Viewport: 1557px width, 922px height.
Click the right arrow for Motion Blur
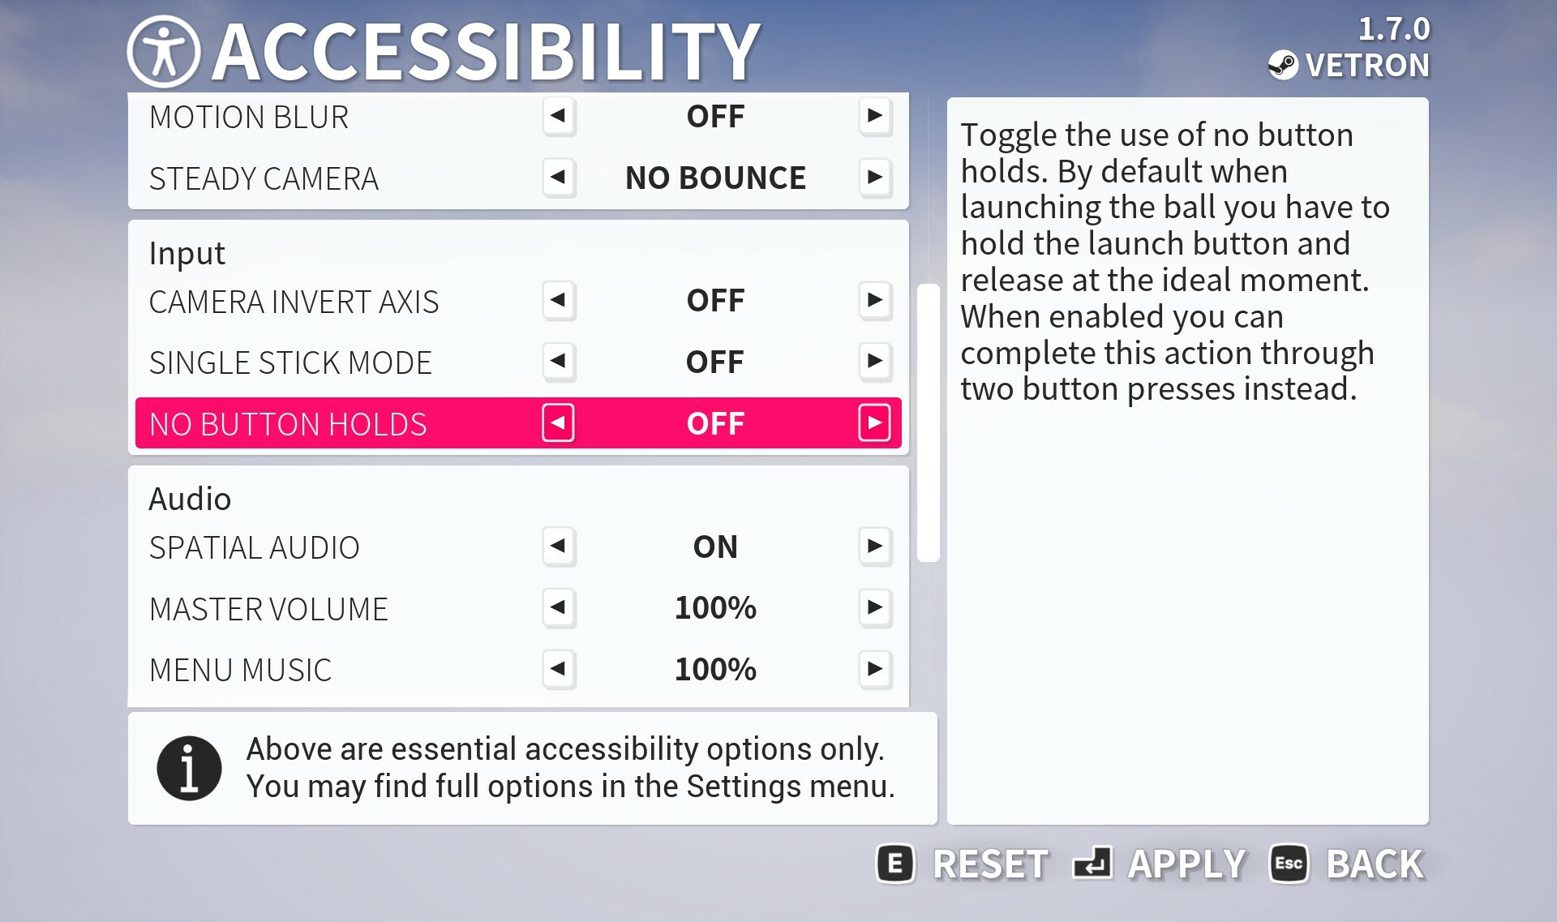point(875,116)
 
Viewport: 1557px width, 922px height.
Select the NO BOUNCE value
point(715,178)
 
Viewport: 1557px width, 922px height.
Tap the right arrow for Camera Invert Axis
point(875,300)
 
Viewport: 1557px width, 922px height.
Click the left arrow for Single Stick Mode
point(558,362)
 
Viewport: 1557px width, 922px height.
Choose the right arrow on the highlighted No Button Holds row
point(874,422)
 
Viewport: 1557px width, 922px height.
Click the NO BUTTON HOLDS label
point(288,424)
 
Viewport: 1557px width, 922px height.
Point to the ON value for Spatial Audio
point(715,547)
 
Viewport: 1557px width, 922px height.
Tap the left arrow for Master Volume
point(558,607)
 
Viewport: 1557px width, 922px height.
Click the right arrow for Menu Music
point(875,669)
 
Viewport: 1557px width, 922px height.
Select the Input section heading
point(187,254)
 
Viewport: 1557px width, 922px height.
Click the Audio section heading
point(190,499)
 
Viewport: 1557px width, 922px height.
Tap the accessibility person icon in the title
point(164,52)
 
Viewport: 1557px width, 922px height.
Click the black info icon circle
point(189,768)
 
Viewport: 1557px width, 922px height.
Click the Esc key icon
point(1289,864)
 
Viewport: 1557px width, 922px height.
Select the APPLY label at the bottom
point(1186,864)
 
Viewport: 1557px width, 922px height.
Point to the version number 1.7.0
point(1394,29)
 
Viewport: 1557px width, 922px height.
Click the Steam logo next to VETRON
point(1283,65)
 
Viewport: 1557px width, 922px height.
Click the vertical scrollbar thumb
point(929,422)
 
